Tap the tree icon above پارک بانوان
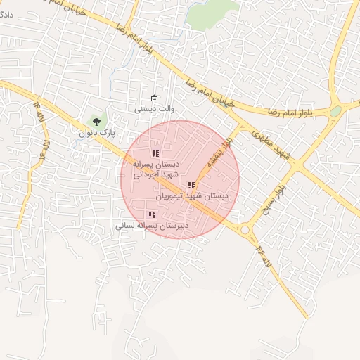96,121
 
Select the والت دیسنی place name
155,109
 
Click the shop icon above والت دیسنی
155,98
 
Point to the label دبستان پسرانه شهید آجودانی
156,168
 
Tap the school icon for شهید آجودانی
155,153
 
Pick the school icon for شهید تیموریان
191,186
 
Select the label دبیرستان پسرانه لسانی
152,226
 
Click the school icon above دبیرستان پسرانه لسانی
151,215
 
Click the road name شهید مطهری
270,141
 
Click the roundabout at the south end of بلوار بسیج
245,229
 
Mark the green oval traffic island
336,111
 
